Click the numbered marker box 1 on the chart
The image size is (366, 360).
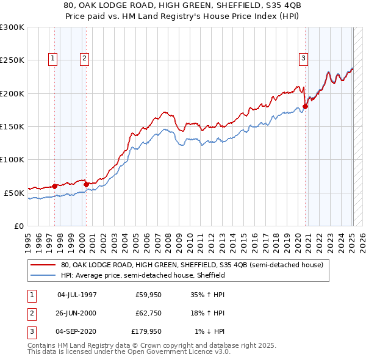[x=53, y=59]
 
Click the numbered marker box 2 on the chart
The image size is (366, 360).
[x=84, y=59]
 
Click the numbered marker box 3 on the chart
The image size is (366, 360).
[x=303, y=59]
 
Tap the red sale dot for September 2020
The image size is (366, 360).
[x=306, y=107]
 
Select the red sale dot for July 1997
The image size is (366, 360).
[x=54, y=186]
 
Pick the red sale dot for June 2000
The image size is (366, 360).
[x=86, y=184]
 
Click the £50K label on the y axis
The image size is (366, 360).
[x=13, y=193]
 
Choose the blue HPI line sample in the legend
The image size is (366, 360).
[x=44, y=275]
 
